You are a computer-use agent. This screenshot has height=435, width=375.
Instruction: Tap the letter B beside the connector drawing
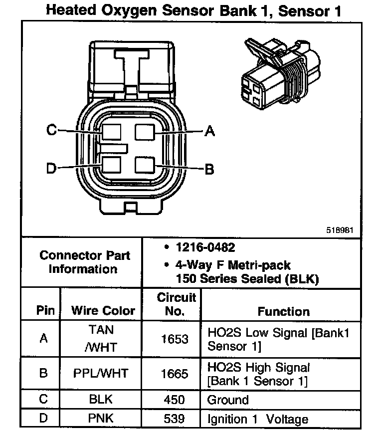pos(210,169)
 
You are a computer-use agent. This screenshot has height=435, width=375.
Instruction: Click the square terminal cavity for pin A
pos(145,132)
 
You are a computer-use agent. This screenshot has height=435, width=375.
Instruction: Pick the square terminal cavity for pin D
pos(111,165)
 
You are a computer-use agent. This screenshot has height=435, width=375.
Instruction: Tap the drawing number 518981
pos(341,230)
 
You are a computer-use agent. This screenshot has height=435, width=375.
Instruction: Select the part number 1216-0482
pos(205,248)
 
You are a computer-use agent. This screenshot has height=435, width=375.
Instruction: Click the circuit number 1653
pos(175,339)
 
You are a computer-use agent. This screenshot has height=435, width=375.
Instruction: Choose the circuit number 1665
pos(175,374)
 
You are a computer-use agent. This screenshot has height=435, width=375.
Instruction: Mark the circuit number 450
pos(175,400)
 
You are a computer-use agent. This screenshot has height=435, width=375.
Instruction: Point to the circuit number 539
pos(175,419)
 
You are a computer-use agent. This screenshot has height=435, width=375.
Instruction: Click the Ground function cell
pos(228,400)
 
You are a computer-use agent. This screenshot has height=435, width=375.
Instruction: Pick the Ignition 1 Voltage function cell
pos(258,419)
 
